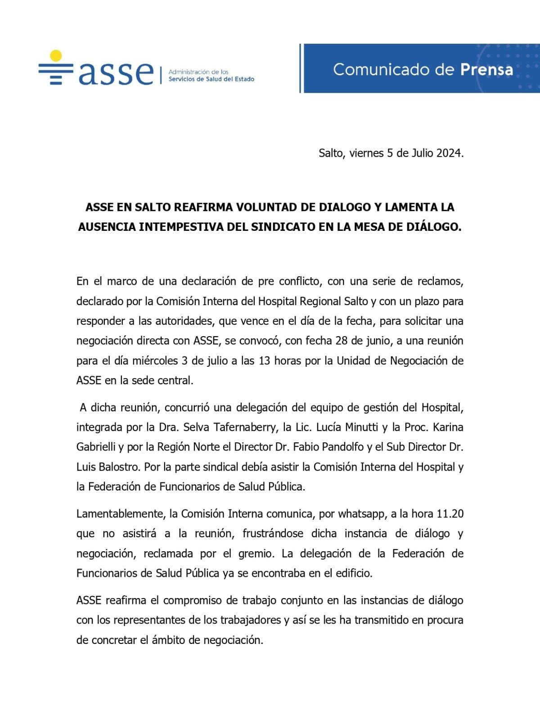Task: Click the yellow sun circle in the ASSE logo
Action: coord(56,55)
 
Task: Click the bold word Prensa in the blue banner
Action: coord(486,69)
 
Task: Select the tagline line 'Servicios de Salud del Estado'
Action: coord(211,79)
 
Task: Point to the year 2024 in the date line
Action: coord(449,153)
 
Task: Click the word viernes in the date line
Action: coord(366,153)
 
